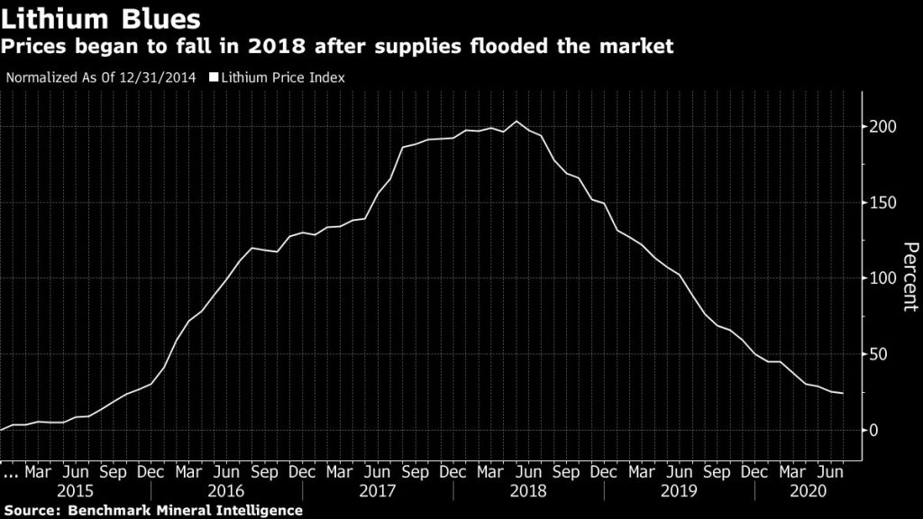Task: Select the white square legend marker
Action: click(x=214, y=77)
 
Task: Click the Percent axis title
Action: click(x=909, y=278)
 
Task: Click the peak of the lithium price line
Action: click(x=516, y=122)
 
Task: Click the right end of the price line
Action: click(x=843, y=393)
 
